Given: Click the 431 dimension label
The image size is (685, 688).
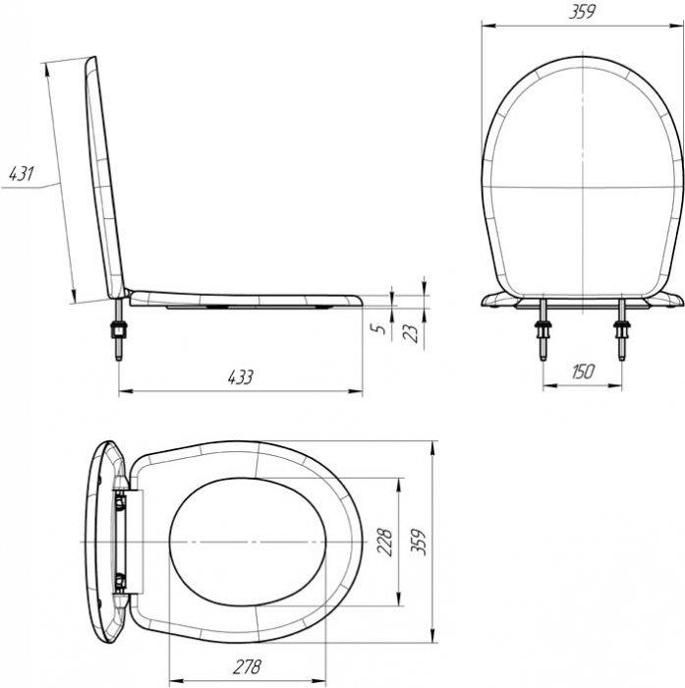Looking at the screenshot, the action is point(21,174).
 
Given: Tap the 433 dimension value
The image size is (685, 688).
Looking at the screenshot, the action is point(241,376).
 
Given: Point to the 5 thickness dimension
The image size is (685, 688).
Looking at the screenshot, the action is point(381,328).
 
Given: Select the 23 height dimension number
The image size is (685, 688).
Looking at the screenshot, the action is point(411,333).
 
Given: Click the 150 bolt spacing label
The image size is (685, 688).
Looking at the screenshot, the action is point(583,372).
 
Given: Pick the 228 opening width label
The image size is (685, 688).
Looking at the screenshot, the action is point(385,543).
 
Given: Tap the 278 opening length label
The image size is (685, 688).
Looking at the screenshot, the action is point(247,667).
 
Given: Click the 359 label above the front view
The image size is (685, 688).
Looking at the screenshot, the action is point(582,12).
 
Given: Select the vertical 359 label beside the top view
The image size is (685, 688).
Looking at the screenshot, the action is point(420,543).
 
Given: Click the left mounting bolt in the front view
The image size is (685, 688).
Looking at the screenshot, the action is point(542,329).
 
